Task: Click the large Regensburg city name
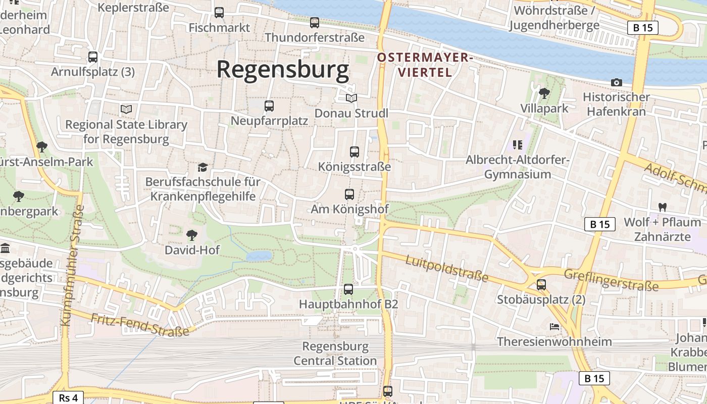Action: click(x=283, y=70)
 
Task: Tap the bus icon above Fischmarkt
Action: click(x=219, y=13)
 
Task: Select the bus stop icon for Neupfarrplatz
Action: click(x=269, y=106)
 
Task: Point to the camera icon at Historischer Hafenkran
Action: click(x=616, y=82)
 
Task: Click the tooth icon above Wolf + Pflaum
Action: click(x=662, y=207)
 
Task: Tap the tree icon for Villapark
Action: click(x=544, y=93)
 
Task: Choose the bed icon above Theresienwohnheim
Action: click(x=554, y=326)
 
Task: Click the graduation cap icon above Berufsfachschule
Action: click(x=203, y=167)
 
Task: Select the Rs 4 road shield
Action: click(x=68, y=397)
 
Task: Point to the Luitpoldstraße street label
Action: click(x=447, y=268)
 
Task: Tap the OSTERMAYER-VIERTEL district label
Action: click(x=424, y=65)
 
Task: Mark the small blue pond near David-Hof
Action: click(x=259, y=257)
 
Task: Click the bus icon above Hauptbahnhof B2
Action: click(x=348, y=289)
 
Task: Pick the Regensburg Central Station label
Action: click(x=335, y=353)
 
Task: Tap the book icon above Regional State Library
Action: click(x=126, y=109)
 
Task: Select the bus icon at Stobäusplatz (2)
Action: click(x=541, y=285)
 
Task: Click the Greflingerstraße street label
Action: click(x=611, y=279)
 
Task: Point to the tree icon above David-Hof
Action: click(x=191, y=235)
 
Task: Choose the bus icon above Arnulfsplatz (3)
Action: click(x=93, y=57)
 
